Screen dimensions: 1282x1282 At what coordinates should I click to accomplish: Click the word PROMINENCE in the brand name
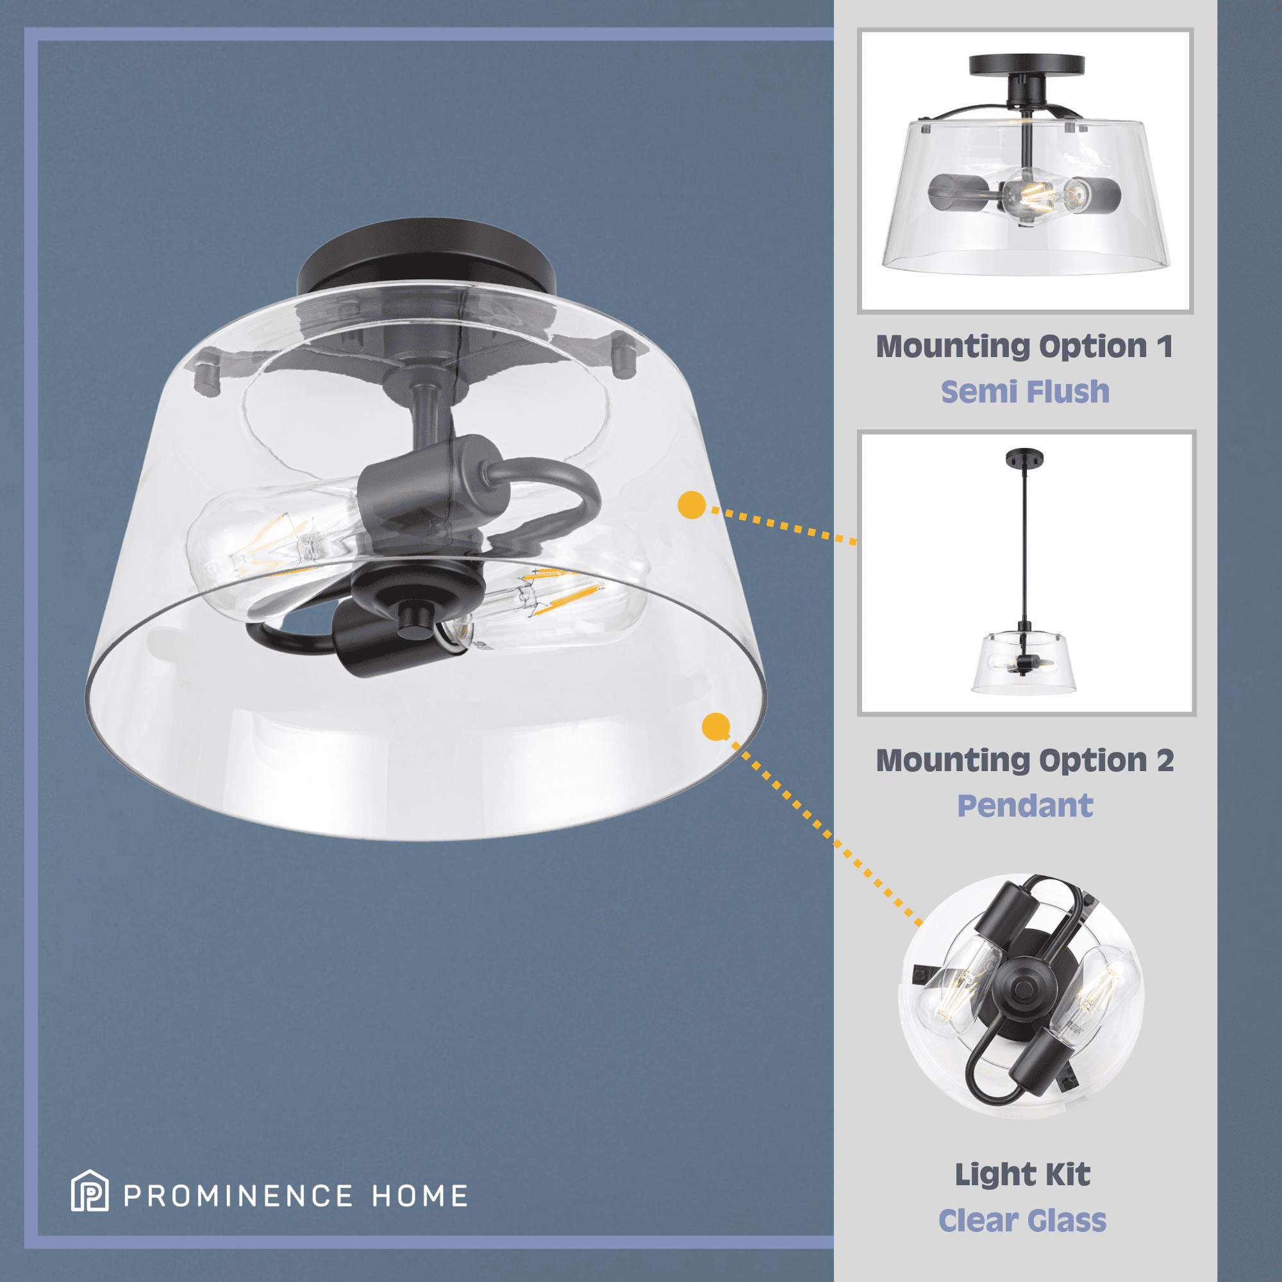[238, 1196]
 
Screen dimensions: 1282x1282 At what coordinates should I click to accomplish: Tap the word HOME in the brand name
[420, 1196]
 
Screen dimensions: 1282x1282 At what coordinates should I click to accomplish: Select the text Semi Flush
[1025, 392]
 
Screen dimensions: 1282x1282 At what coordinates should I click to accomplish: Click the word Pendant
[1025, 806]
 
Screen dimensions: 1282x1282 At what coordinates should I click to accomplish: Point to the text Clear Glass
[1022, 1220]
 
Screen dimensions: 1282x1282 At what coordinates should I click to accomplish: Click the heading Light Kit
[1022, 1174]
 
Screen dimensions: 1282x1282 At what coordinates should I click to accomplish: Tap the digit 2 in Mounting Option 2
[1165, 760]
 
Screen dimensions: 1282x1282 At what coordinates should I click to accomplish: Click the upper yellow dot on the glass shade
[692, 505]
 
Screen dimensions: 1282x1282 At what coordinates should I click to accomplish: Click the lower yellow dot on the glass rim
[716, 727]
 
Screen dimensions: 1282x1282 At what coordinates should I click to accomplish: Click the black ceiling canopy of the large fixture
[425, 256]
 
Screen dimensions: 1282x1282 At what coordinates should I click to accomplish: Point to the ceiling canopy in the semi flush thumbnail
[1026, 65]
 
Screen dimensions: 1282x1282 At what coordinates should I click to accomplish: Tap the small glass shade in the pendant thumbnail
[1024, 664]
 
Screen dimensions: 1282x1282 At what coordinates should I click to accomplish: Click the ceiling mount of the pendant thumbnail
[1024, 458]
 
